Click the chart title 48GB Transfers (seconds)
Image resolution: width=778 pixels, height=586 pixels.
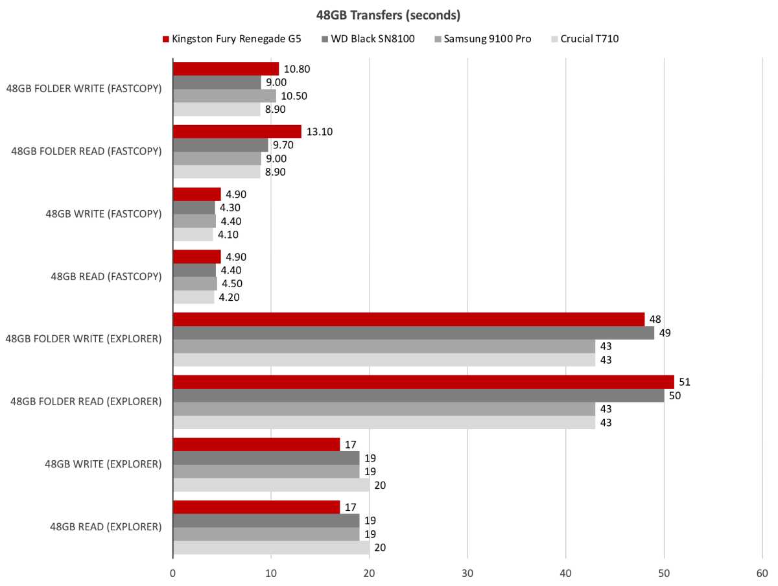tap(389, 14)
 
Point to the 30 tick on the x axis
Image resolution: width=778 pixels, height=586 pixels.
tap(467, 573)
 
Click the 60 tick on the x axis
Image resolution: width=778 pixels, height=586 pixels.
tap(762, 573)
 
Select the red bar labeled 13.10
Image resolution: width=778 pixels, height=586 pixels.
tap(237, 132)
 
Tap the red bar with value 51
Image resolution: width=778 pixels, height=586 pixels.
tap(423, 382)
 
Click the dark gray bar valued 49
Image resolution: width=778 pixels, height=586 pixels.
tap(414, 333)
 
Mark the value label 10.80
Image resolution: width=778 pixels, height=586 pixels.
tap(296, 69)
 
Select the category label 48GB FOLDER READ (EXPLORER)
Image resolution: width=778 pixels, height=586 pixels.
tap(86, 402)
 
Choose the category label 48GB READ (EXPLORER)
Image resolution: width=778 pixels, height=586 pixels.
tap(106, 527)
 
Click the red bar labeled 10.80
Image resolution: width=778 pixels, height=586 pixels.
tap(226, 69)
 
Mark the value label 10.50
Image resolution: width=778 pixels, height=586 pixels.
tap(294, 96)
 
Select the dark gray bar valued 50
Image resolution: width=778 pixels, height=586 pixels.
tap(418, 395)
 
